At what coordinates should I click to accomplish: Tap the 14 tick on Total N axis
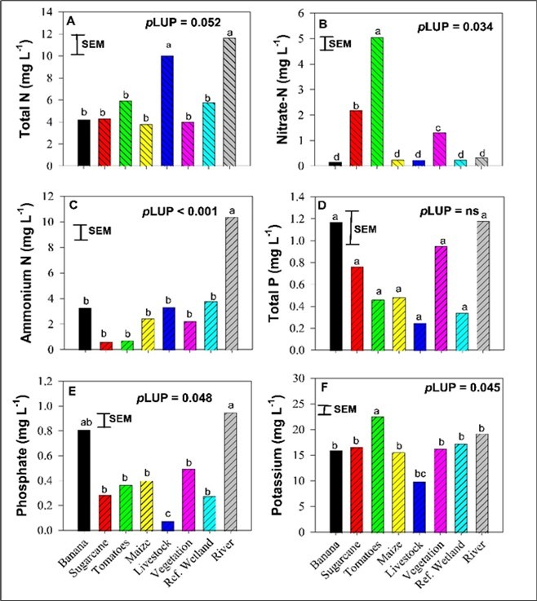coord(48,13)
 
